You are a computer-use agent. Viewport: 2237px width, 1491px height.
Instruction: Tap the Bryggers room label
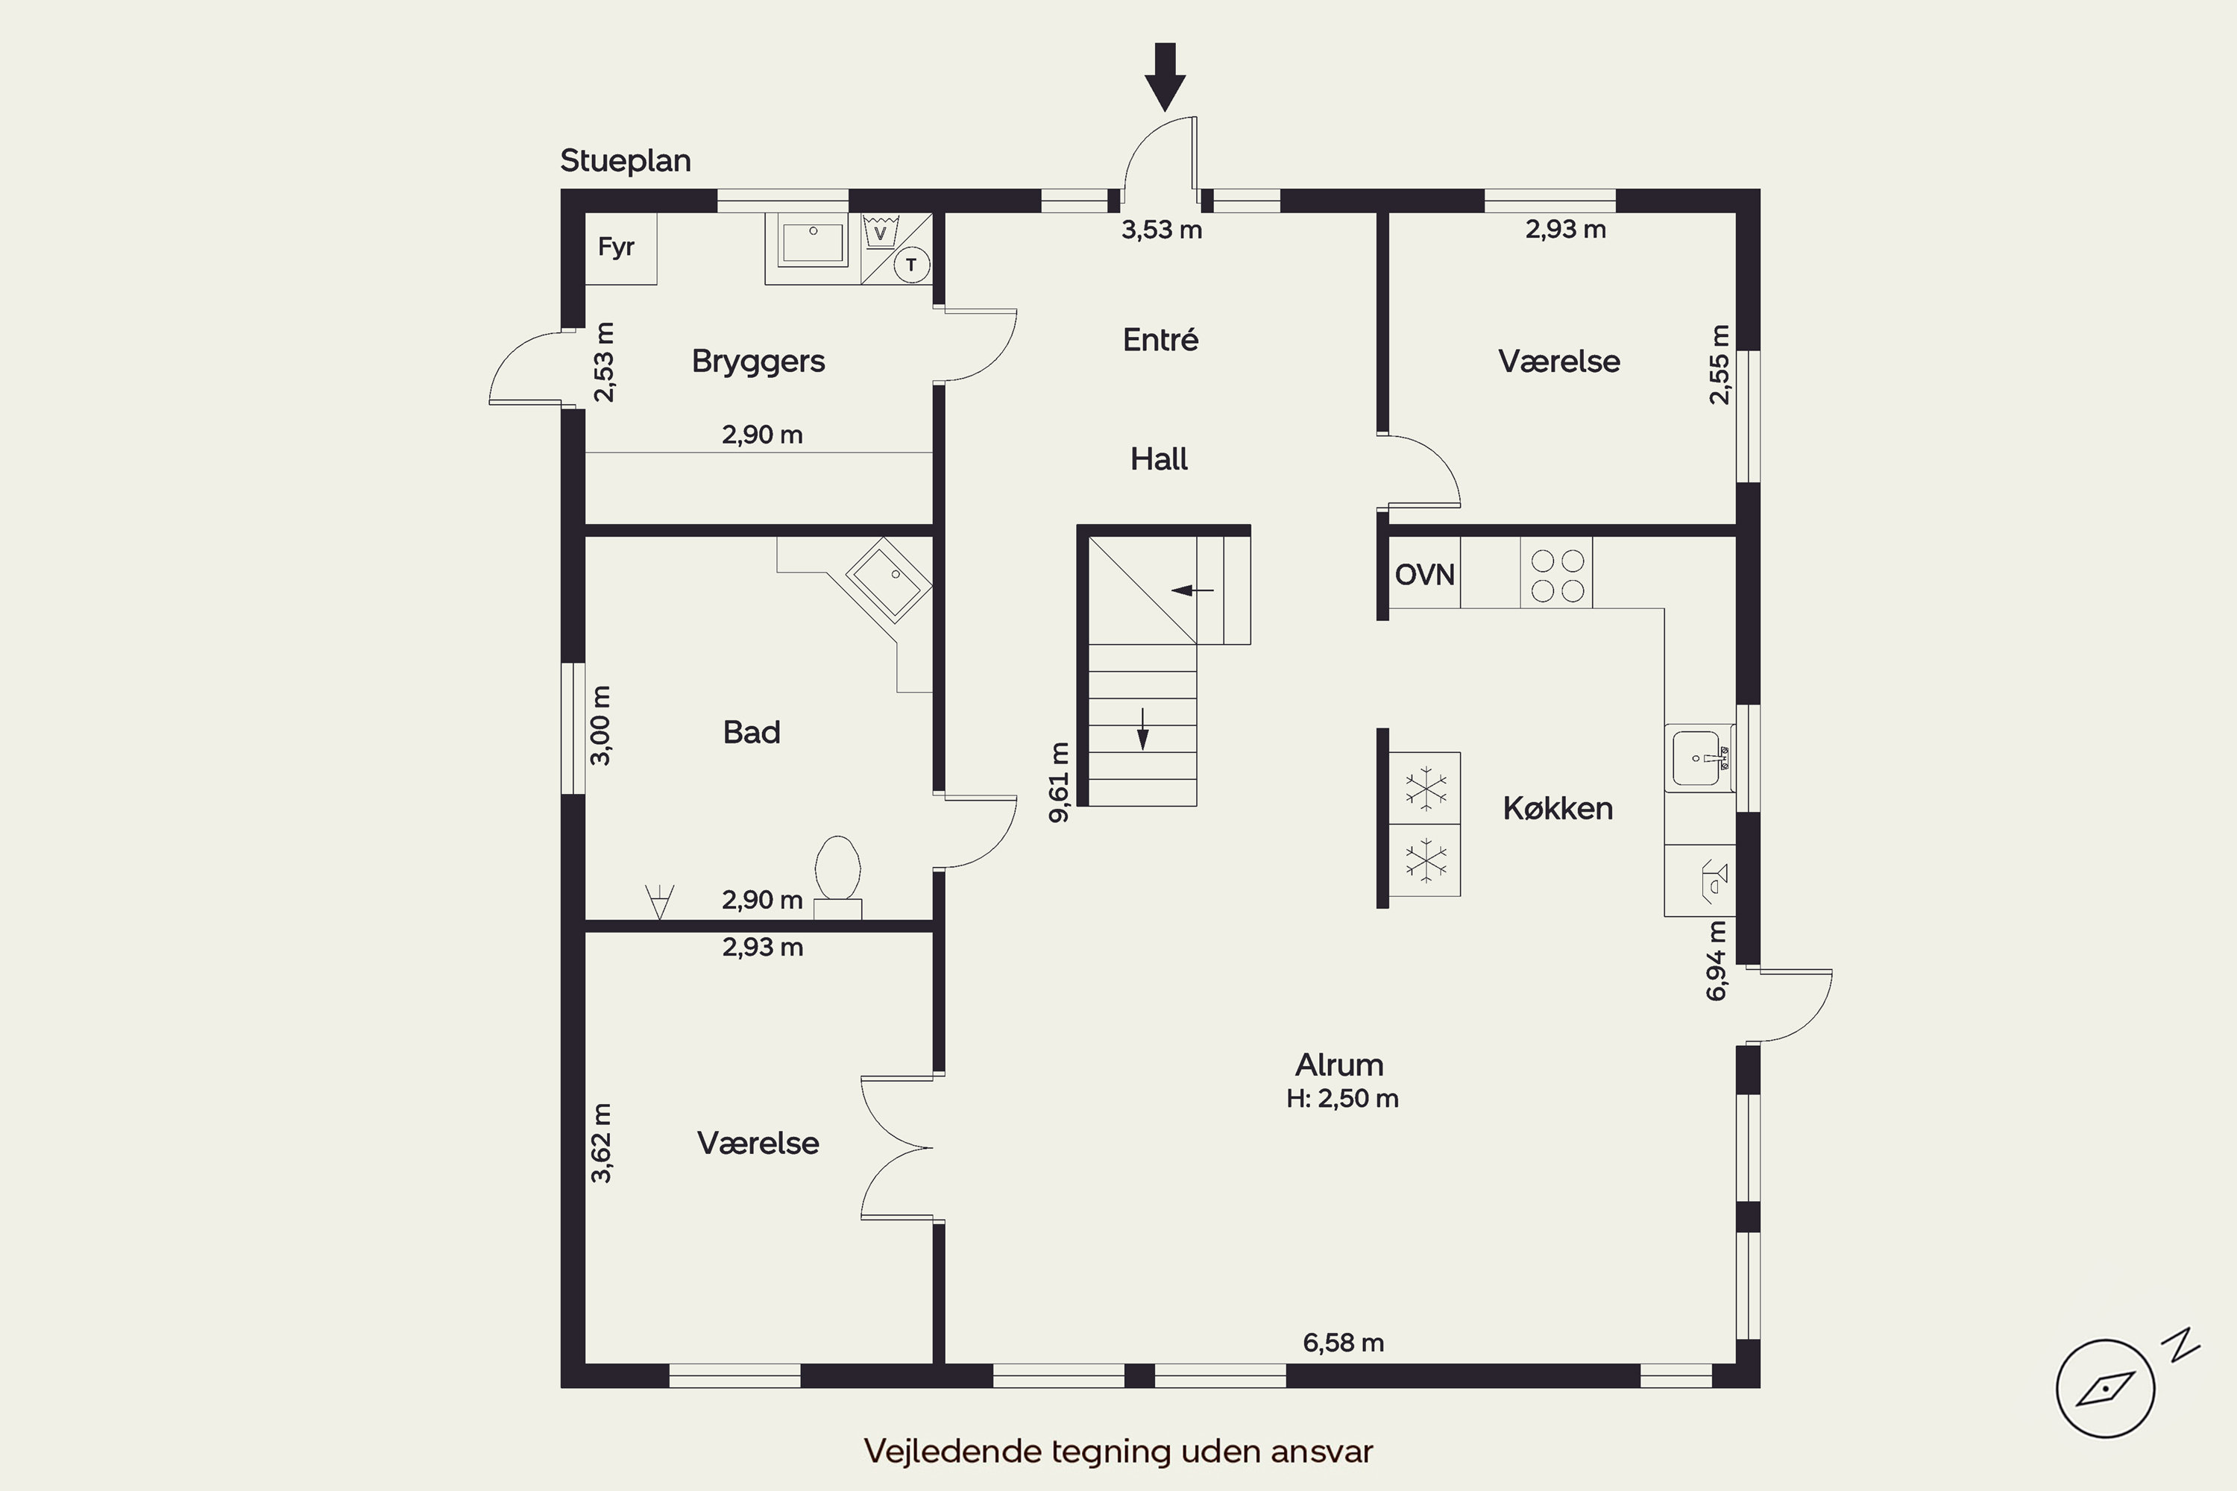coord(758,362)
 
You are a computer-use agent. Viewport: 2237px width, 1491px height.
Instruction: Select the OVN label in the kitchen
coord(1425,574)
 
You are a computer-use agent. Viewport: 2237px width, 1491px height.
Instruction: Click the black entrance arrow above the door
coord(1165,77)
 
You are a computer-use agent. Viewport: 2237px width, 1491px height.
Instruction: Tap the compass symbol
coord(2106,1388)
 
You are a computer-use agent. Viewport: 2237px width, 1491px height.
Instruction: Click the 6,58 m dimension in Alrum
coord(1343,1343)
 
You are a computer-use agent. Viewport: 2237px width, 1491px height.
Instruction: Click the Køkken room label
coord(1558,808)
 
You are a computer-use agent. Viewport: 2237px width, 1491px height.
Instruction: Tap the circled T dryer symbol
coord(912,265)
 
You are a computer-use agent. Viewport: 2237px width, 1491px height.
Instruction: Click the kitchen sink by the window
coord(1699,758)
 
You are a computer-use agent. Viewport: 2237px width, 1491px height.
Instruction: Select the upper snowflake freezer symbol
coord(1425,788)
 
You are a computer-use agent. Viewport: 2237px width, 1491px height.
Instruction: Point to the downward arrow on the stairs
coord(1143,729)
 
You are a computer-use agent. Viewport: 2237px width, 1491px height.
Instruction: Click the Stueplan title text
coord(625,162)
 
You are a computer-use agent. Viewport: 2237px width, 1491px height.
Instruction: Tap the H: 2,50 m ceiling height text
coord(1342,1099)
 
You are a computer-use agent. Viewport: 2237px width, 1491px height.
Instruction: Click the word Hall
coord(1159,459)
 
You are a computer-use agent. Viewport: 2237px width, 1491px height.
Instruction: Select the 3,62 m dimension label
coord(601,1143)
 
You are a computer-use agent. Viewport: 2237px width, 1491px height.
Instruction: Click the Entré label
coord(1160,338)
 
